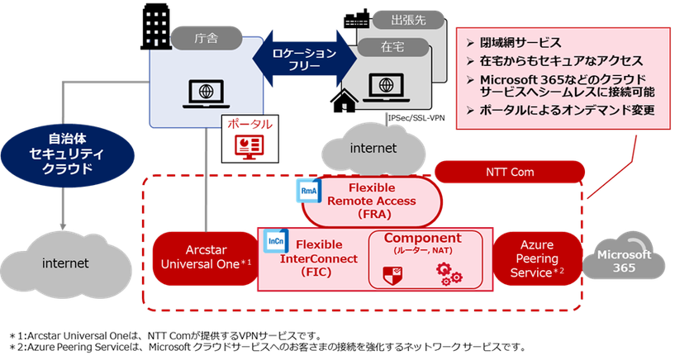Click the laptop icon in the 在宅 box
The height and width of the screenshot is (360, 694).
(385, 87)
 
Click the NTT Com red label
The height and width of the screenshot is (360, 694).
(509, 172)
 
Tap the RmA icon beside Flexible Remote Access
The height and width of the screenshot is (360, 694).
(307, 190)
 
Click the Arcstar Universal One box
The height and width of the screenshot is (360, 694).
(203, 255)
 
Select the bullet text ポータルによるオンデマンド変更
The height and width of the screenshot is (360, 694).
(567, 110)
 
